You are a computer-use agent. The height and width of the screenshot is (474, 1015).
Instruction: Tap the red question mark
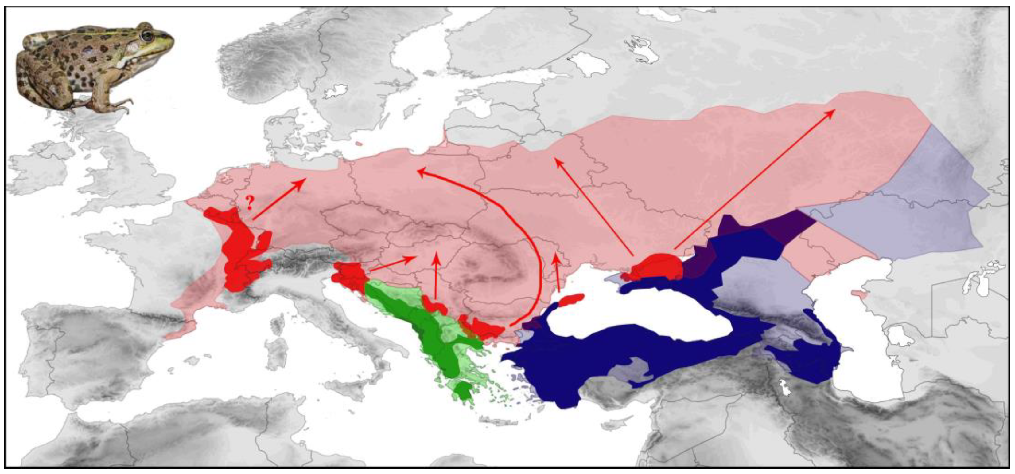coord(249,203)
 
